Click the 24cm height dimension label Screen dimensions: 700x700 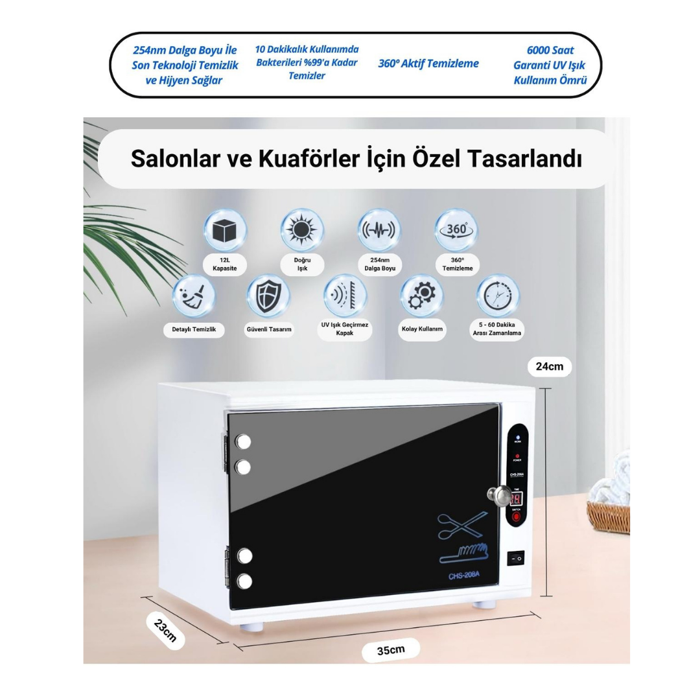click(x=549, y=366)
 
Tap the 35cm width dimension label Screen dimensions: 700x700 click(x=391, y=649)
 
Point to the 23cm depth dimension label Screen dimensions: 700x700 click(x=166, y=629)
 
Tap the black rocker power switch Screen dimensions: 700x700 click(x=517, y=557)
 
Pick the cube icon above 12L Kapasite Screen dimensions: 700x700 click(x=225, y=231)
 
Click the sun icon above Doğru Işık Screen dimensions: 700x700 click(x=302, y=231)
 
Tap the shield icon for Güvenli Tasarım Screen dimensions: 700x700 click(x=268, y=296)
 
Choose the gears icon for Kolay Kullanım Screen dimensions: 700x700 click(x=422, y=296)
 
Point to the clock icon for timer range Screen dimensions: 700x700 click(x=497, y=296)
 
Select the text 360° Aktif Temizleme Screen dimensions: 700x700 click(x=428, y=64)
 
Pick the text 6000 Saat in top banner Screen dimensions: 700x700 click(x=550, y=50)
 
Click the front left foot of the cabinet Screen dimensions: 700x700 click(x=253, y=627)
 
